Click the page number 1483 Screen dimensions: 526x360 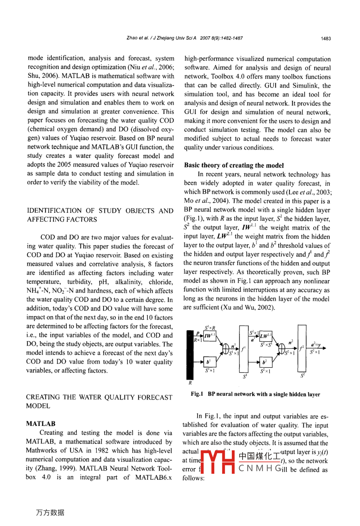326,39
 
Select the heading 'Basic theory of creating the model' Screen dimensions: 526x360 234,165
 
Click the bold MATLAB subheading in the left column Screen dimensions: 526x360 41,424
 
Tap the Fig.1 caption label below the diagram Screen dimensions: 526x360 197,394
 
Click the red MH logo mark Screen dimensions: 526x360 217,462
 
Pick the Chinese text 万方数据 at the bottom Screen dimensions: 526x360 50,513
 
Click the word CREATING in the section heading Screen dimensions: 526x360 42,397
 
